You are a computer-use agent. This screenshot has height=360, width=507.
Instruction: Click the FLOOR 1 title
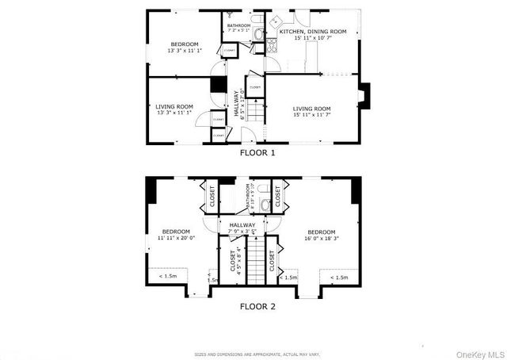257,153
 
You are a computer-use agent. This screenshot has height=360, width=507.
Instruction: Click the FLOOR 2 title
257,305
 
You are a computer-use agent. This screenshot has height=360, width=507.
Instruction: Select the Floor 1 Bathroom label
238,27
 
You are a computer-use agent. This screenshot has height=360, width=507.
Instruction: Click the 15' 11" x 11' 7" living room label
311,111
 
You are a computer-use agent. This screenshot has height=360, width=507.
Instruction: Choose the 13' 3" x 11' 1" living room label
173,109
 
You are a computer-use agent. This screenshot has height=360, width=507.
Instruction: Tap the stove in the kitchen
270,46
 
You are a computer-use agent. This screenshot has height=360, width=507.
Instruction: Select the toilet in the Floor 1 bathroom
257,33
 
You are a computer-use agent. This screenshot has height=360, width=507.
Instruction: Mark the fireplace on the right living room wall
364,96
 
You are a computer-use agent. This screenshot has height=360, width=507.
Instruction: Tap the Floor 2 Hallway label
242,228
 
